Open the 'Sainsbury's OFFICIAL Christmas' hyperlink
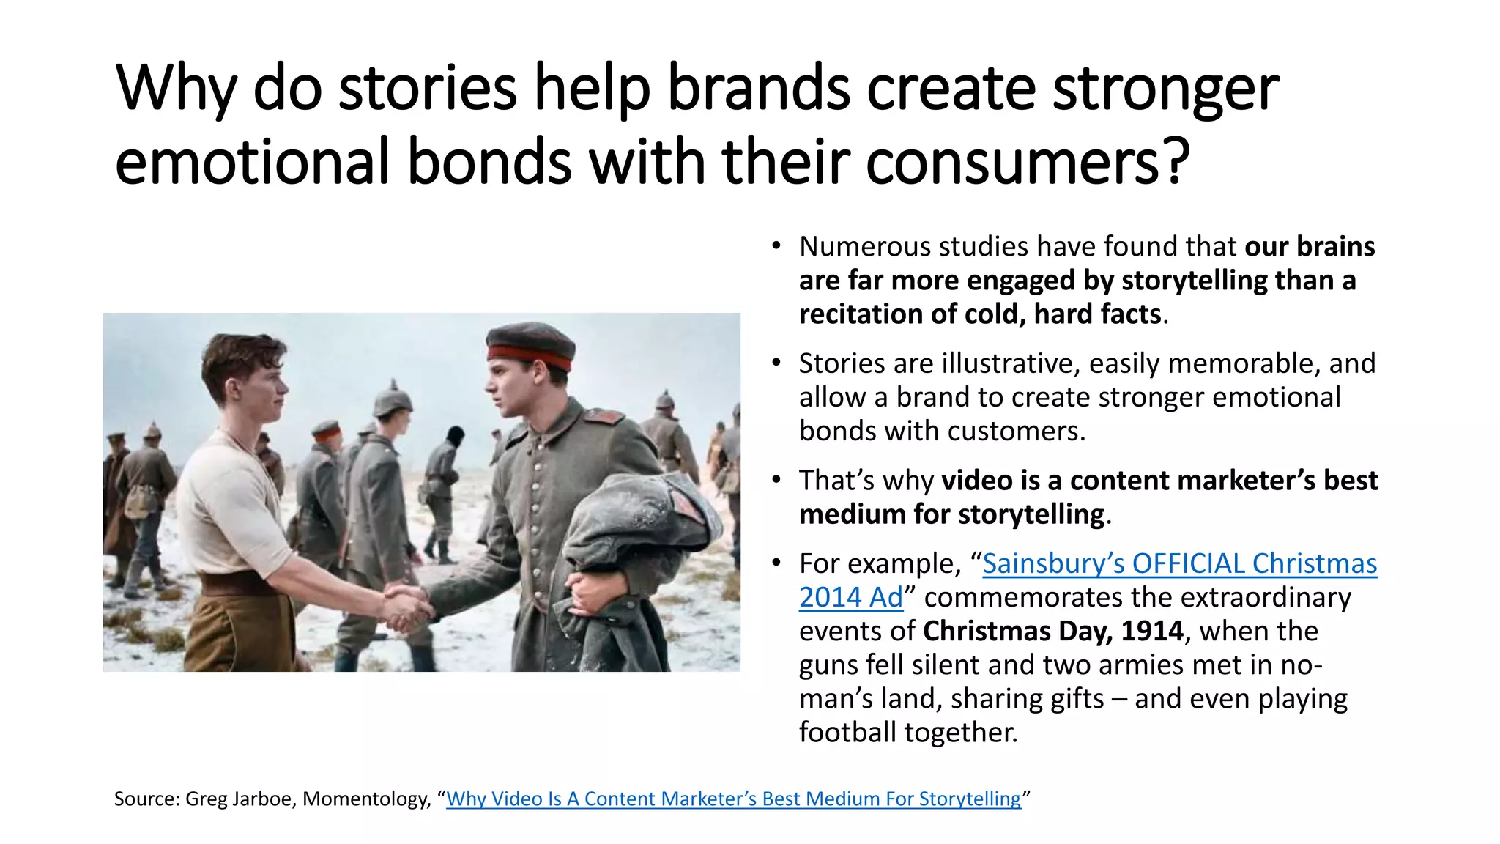(1179, 563)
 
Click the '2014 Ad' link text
(850, 597)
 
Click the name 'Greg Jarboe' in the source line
(240, 799)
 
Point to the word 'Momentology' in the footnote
(365, 799)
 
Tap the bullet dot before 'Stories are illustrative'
(776, 363)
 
